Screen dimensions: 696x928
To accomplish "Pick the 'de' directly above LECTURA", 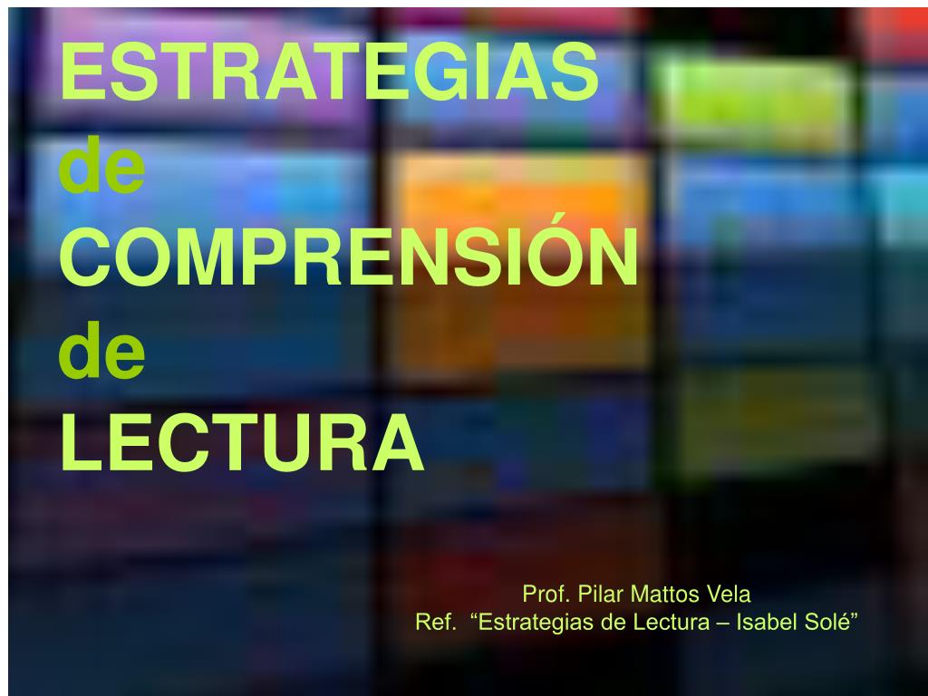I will [x=102, y=354].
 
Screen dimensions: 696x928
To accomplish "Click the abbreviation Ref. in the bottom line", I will [x=436, y=623].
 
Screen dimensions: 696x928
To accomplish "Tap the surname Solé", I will [x=822, y=623].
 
